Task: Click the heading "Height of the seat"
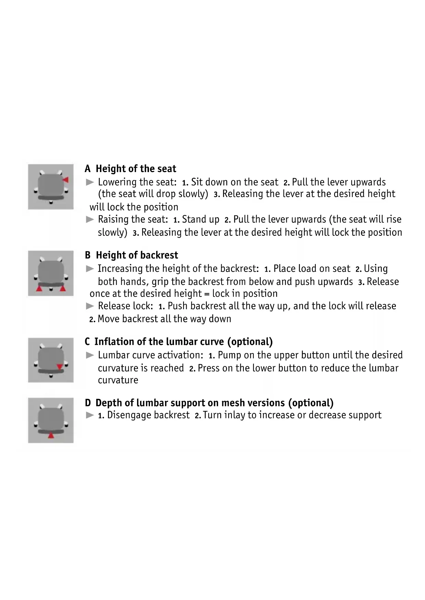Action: (136, 169)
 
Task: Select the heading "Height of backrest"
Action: (137, 255)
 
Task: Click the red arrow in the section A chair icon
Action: (65, 180)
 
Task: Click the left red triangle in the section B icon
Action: (39, 288)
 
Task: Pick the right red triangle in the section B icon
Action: (62, 288)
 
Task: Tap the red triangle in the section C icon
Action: (60, 367)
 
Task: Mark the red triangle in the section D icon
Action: (51, 435)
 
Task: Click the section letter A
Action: (88, 169)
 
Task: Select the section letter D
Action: (88, 403)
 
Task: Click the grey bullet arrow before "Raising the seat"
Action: (90, 220)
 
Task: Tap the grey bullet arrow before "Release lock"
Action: (90, 306)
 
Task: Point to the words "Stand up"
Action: (201, 220)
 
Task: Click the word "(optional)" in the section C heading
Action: (250, 342)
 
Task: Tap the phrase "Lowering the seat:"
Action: (137, 182)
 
